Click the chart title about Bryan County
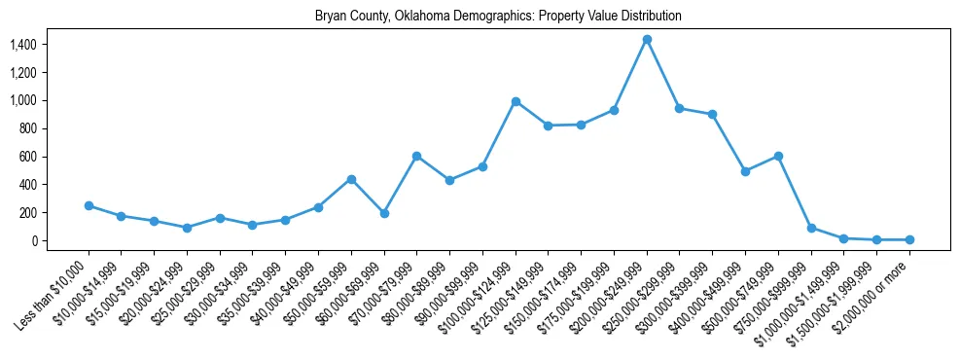pos(498,17)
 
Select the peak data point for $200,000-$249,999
pos(647,39)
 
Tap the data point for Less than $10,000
pos(89,205)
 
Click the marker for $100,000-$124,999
pos(516,101)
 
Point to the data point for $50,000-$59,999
pos(351,179)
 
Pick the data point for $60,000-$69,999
pos(384,213)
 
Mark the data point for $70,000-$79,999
pos(416,156)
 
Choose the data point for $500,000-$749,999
pos(778,156)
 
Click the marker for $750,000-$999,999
pos(811,228)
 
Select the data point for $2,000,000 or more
pos(909,239)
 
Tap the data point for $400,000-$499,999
pos(745,171)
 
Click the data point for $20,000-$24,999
pos(187,228)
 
